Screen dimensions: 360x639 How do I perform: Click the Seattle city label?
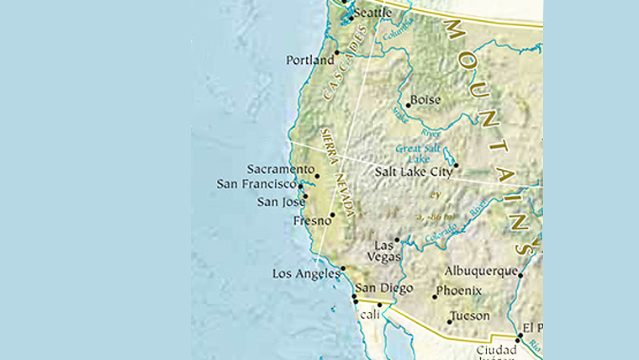[373, 13]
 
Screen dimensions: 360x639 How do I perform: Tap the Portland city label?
[309, 61]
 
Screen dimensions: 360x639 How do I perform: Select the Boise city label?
[425, 99]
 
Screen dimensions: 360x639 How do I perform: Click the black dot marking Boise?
[409, 105]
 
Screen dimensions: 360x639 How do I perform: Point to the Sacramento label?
[279, 169]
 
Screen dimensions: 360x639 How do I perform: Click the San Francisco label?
[256, 184]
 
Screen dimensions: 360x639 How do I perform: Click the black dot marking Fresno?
[332, 214]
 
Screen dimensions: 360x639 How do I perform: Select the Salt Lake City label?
[411, 172]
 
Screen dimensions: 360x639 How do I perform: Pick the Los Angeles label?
[305, 274]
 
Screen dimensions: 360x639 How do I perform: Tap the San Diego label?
[384, 289]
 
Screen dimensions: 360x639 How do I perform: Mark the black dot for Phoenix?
[435, 296]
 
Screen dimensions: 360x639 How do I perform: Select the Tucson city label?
[470, 317]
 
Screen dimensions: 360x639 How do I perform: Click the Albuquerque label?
[480, 272]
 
